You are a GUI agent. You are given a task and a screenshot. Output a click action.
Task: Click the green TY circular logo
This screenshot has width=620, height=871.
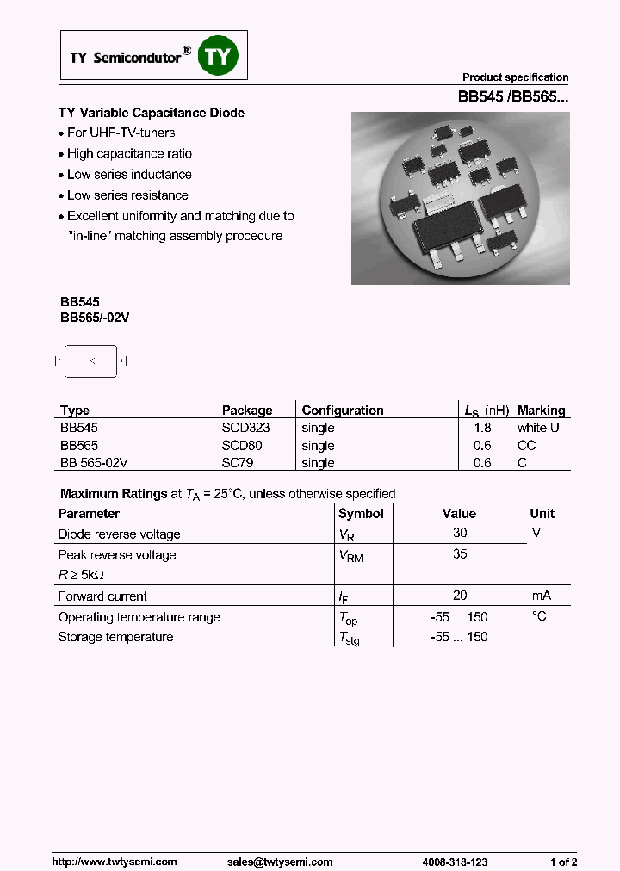coord(218,57)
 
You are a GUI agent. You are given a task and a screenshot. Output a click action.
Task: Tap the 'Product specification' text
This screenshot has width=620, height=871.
coord(515,77)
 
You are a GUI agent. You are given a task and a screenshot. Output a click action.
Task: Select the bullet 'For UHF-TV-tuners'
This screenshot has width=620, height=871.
coord(121,133)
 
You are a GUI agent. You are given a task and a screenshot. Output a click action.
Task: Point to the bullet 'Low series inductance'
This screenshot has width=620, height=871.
coord(129,175)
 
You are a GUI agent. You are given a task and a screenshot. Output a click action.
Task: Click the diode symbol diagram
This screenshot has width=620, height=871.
coord(91,361)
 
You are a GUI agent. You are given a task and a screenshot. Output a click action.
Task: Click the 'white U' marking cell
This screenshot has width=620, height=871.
coord(538,428)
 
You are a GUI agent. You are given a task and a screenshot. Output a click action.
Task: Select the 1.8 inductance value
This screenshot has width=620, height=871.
coord(482,428)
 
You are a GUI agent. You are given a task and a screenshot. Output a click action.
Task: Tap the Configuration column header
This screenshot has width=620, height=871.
coord(343,411)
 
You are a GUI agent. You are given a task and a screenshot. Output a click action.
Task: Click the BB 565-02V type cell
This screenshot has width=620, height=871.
coord(94,463)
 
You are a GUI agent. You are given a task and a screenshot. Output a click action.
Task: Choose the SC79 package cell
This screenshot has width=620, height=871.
coord(238,463)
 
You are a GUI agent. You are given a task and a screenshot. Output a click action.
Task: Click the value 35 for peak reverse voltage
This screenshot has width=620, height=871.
coord(460,554)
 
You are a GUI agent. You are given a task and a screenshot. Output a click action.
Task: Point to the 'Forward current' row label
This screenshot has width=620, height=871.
coord(102,596)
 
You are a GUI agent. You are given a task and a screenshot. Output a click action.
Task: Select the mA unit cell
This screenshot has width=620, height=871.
coord(540,596)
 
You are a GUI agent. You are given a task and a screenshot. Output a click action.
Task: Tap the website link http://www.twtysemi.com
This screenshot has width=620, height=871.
coord(115,862)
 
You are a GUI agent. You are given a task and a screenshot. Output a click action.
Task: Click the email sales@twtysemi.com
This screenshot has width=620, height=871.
coord(280,862)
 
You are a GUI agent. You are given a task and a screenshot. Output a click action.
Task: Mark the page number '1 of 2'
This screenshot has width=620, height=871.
coord(563,862)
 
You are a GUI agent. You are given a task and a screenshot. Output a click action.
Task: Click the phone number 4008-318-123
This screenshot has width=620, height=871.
coord(456,862)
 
